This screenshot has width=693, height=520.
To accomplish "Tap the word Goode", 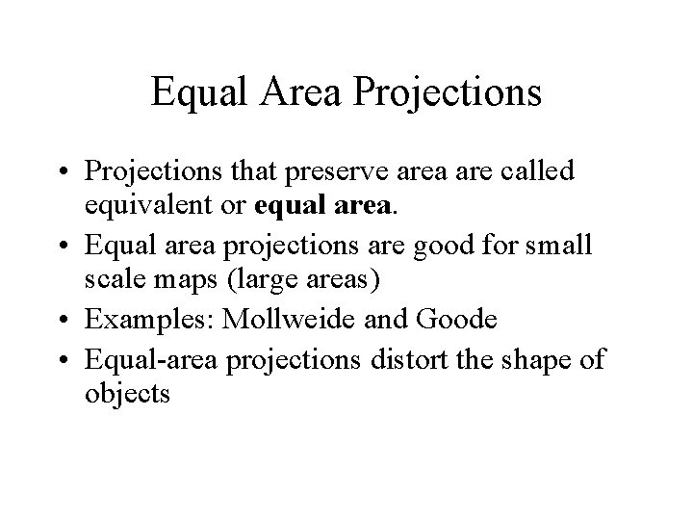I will (x=452, y=320).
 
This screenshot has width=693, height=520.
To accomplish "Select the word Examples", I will (x=150, y=320).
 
